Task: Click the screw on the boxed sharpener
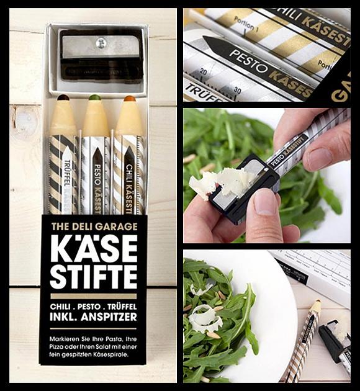point(101,42)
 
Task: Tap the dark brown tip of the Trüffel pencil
point(63,97)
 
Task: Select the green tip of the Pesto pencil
point(94,97)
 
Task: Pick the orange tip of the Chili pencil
point(129,98)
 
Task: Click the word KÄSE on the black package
point(94,249)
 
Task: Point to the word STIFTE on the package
point(94,277)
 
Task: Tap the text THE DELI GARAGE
point(94,226)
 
